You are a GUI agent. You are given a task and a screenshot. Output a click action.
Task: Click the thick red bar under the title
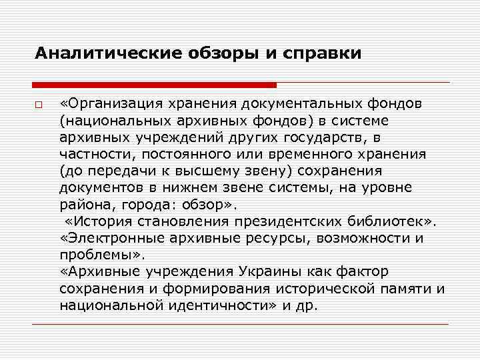(x=154, y=85)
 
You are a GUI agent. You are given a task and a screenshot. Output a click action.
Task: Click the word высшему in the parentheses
(x=216, y=171)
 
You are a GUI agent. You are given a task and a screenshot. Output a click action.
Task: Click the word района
(x=81, y=205)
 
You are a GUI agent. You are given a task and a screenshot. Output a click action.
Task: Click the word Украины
(x=280, y=272)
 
